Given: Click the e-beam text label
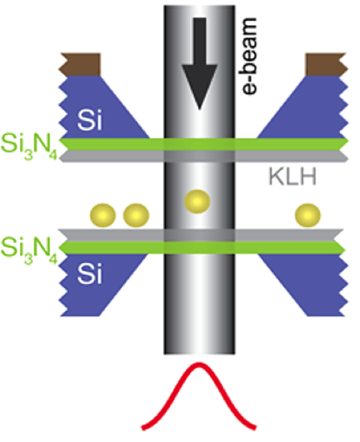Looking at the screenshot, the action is pyautogui.click(x=250, y=56).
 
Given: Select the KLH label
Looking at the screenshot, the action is pyautogui.click(x=292, y=177).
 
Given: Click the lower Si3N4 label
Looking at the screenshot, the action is pyautogui.click(x=29, y=251).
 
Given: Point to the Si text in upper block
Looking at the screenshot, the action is pyautogui.click(x=89, y=120).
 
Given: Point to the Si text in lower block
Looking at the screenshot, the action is pyautogui.click(x=89, y=274).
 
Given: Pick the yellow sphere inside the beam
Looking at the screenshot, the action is pyautogui.click(x=197, y=201).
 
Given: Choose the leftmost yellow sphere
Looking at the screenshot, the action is pyautogui.click(x=103, y=215).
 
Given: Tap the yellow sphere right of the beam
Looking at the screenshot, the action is pyautogui.click(x=308, y=215).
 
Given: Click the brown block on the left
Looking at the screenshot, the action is pyautogui.click(x=80, y=64).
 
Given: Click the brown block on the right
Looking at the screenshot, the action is pyautogui.click(x=326, y=64).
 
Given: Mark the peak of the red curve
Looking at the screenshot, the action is pyautogui.click(x=199, y=364).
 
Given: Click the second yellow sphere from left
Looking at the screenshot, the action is pyautogui.click(x=136, y=215).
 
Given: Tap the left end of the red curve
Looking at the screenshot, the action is pyautogui.click(x=143, y=429).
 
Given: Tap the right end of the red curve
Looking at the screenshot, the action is pyautogui.click(x=255, y=428).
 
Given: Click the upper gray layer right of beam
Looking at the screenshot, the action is pyautogui.click(x=291, y=157).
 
